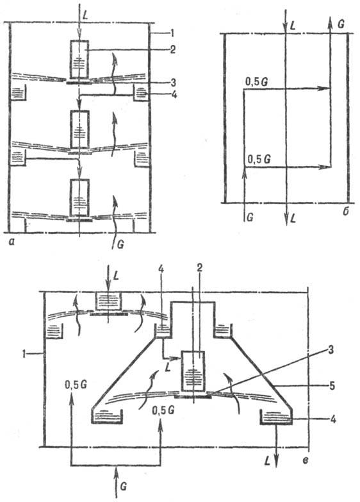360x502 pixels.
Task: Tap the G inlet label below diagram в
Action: [115, 490]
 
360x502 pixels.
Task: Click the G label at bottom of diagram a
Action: [116, 244]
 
